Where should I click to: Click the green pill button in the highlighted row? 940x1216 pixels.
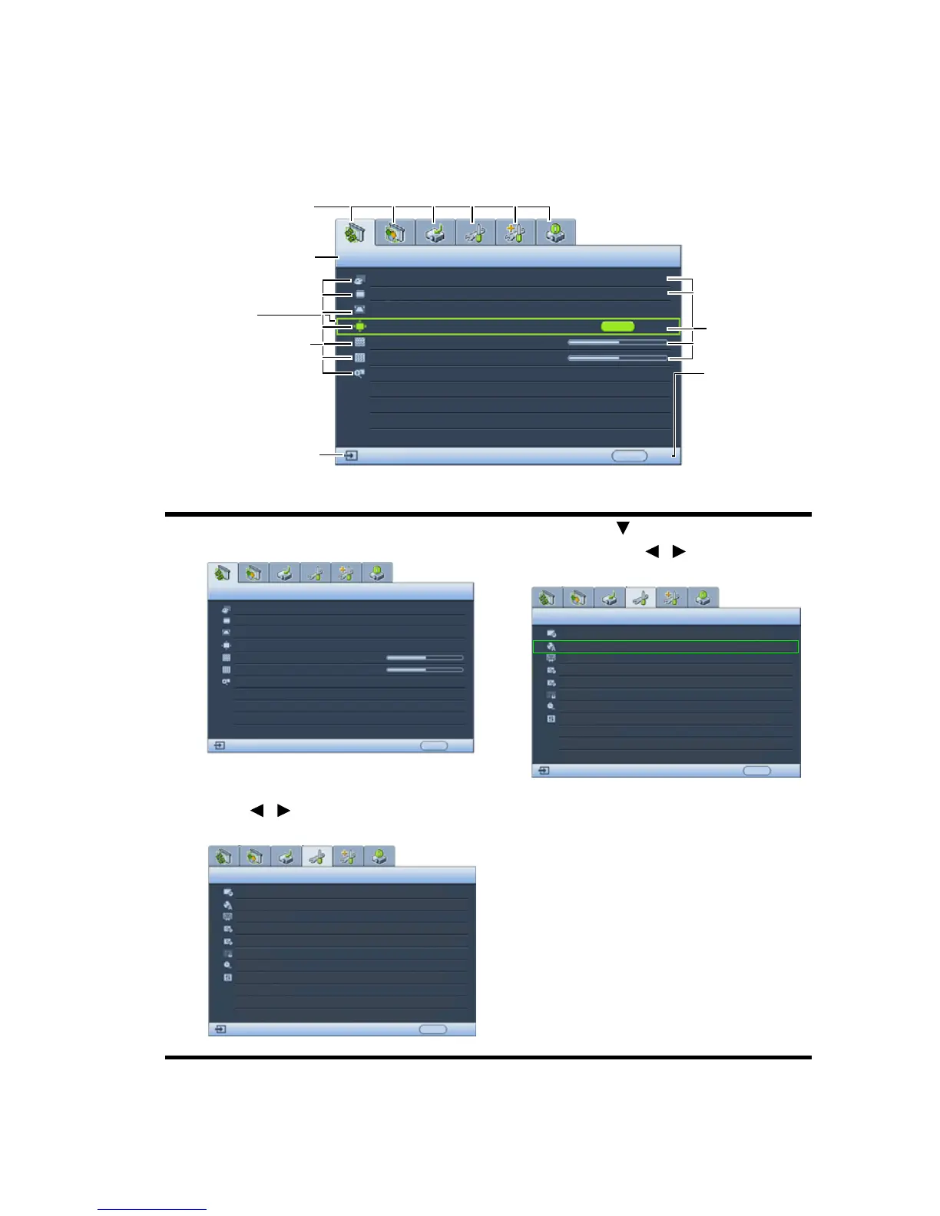click(617, 326)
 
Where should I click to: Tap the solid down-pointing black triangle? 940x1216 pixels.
click(623, 528)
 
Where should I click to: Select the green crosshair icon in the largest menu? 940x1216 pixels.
click(359, 326)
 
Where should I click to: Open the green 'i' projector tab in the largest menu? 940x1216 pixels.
click(555, 233)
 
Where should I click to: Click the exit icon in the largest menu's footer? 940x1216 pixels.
click(351, 455)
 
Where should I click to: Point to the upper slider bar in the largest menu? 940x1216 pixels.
click(617, 342)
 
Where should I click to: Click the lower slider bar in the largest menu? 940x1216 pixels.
click(617, 358)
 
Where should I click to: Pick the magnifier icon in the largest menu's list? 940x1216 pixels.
click(359, 373)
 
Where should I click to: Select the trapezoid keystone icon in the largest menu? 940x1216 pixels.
click(359, 309)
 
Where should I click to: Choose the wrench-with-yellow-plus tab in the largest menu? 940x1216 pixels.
click(515, 233)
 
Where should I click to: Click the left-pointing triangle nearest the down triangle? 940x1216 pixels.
click(652, 551)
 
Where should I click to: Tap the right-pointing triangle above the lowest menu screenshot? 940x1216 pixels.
click(283, 810)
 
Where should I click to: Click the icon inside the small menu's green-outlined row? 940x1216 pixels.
click(551, 646)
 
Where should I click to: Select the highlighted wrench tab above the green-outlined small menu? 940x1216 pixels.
click(640, 598)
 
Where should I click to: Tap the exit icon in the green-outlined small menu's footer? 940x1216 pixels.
click(544, 770)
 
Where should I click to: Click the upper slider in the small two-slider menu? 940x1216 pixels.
click(424, 658)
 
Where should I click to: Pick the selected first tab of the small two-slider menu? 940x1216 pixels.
click(222, 573)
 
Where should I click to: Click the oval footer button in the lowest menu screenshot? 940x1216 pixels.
click(432, 1029)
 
